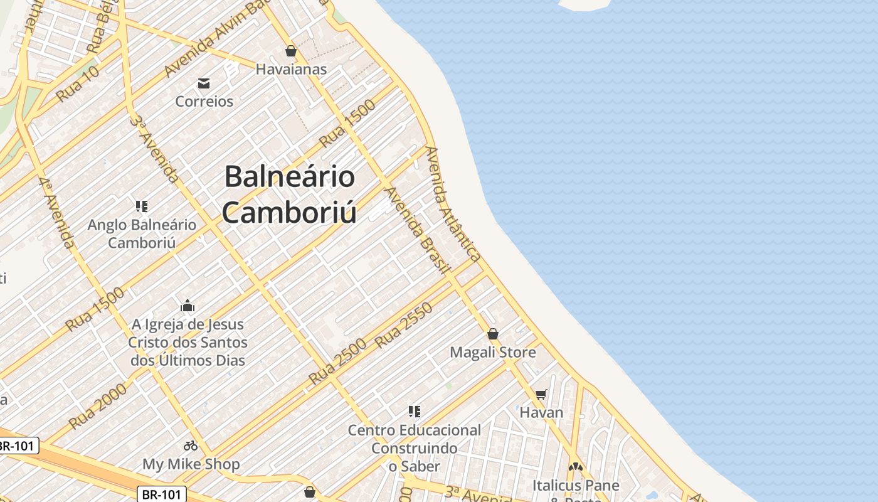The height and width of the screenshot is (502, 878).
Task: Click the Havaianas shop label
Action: point(291,69)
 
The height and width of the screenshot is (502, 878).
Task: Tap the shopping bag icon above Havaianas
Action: point(290,51)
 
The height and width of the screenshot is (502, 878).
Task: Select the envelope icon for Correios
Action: point(204,83)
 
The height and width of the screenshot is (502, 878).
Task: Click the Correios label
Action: point(204,101)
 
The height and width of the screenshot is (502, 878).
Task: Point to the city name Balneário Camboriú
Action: point(289,194)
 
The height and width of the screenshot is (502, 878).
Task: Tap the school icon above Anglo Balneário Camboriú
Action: point(142,206)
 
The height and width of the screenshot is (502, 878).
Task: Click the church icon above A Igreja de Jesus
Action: point(188,306)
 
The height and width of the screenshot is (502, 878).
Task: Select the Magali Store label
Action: point(493,352)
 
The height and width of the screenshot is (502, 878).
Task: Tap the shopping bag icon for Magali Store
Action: point(493,334)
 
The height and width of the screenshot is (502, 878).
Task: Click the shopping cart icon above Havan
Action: point(541,394)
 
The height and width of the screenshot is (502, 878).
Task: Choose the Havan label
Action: point(541,412)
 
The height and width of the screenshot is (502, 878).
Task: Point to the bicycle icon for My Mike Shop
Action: point(191,446)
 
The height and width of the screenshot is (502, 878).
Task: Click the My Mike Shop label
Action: point(191,464)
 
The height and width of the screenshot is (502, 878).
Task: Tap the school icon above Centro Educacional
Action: point(414,412)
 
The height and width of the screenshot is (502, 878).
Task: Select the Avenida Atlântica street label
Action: point(453,204)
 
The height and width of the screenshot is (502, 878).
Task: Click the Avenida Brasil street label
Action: point(418,230)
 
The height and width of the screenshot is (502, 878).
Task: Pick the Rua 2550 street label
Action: point(404,325)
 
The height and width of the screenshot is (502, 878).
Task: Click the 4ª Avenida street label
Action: point(56,211)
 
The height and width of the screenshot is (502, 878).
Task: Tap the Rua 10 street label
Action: point(78,84)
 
